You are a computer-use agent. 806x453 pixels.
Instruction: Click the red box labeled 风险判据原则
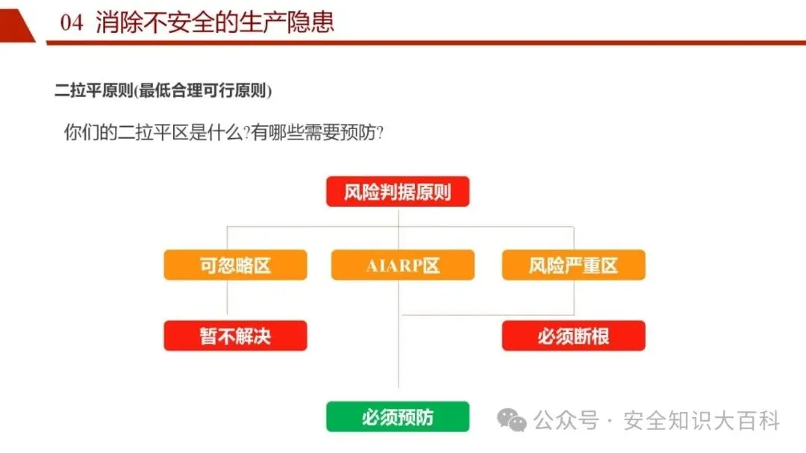398,192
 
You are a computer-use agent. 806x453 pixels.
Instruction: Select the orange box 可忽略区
235,265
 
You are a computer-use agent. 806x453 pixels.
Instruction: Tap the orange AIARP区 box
402,265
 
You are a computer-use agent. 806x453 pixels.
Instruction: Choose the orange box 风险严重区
573,265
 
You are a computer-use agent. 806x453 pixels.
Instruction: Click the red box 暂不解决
235,336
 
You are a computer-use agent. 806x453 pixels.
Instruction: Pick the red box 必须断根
573,336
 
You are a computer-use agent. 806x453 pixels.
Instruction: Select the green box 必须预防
398,416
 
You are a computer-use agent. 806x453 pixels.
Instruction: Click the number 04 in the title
72,22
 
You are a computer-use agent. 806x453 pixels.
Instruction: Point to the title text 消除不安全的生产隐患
215,22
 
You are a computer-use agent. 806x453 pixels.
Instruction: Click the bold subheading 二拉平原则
93,92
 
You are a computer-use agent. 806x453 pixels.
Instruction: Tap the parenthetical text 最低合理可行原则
204,92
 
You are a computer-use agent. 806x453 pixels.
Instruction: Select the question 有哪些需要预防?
317,133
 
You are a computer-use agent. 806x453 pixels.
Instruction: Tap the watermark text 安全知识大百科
702,421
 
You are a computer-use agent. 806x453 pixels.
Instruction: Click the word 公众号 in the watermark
567,421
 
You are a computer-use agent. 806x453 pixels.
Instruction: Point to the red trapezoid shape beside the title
16,25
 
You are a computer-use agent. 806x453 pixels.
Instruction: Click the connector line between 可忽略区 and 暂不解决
227,300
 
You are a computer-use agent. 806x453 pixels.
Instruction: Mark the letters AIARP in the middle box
393,266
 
